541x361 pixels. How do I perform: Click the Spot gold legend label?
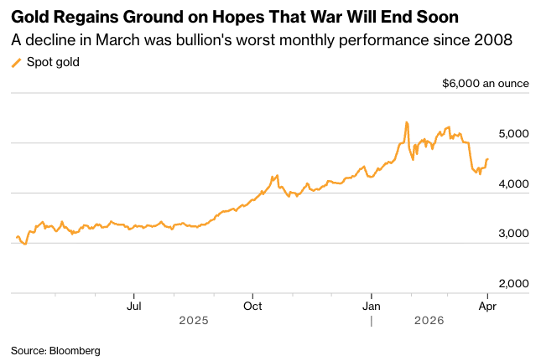(53, 62)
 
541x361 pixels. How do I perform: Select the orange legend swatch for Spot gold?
(16, 62)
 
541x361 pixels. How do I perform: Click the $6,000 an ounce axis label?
(485, 84)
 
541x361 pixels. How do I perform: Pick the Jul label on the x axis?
(133, 306)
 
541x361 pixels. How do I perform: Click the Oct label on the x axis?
(252, 306)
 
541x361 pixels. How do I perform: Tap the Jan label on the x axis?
(371, 306)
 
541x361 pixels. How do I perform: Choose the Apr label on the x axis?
(487, 306)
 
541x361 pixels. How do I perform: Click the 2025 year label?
(193, 321)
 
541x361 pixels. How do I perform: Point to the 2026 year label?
(429, 321)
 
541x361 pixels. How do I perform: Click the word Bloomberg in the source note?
(72, 350)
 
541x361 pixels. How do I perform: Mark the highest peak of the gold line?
(406, 122)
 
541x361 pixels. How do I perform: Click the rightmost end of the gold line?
(488, 159)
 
